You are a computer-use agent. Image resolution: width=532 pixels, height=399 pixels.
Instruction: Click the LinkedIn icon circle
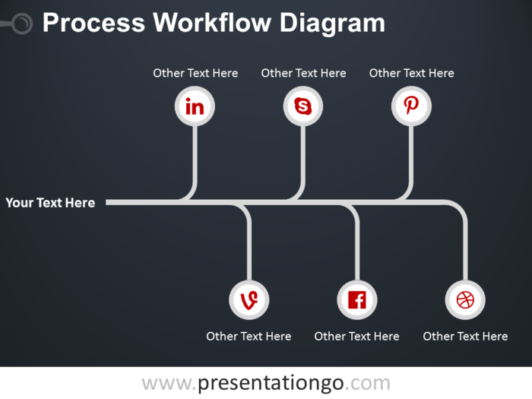coord(195,106)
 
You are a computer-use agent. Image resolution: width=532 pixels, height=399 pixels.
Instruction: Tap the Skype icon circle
coord(303,106)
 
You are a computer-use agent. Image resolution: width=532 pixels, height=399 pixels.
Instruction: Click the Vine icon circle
coord(249,299)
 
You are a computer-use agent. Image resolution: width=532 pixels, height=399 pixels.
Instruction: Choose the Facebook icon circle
coord(356,299)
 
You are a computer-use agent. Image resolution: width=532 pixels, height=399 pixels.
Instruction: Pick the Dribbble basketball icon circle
coord(465,299)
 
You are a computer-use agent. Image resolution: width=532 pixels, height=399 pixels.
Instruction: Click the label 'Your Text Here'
coord(50,203)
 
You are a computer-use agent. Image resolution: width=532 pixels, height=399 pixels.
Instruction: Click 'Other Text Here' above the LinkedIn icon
coord(195,73)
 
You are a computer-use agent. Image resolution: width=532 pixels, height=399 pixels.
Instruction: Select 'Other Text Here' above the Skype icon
coord(303,73)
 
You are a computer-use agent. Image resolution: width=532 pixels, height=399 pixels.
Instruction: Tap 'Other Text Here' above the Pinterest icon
coord(411,73)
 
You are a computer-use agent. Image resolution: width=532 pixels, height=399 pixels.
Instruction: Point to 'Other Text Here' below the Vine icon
coord(249,336)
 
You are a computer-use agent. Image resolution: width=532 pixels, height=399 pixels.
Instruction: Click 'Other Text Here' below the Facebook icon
coord(356,336)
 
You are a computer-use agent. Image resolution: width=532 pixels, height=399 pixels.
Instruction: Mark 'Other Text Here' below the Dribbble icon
coord(465,336)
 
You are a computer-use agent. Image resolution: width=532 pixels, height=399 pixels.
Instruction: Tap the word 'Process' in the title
coord(93,24)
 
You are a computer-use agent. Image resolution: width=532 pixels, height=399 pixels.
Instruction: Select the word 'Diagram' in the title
coord(331,24)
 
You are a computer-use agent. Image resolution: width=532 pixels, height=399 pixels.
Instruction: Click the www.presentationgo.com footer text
coord(265,383)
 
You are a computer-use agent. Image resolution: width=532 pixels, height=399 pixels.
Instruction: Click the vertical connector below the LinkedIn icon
coord(195,156)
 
